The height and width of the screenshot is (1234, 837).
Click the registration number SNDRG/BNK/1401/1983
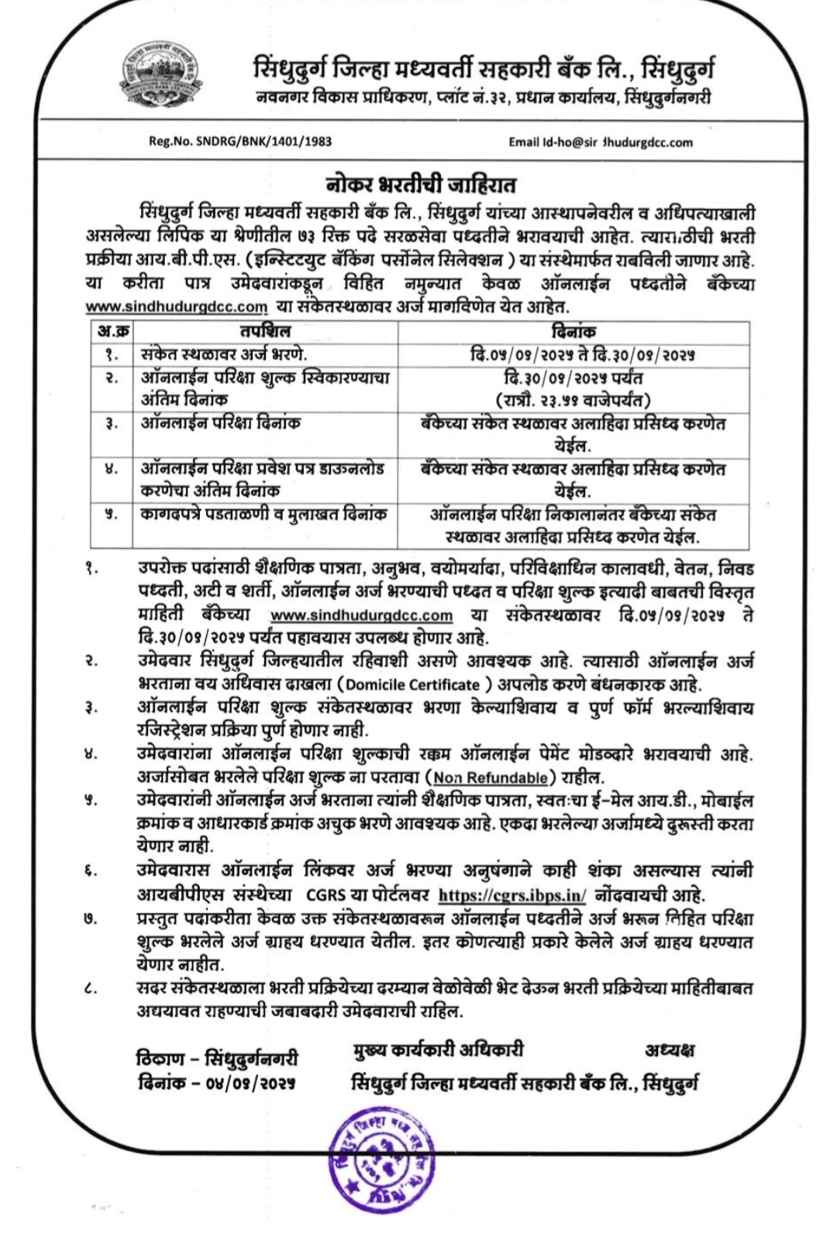pyautogui.click(x=240, y=142)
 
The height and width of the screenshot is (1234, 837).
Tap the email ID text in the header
pyautogui.click(x=601, y=142)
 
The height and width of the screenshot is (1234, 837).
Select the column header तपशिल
pyautogui.click(x=264, y=332)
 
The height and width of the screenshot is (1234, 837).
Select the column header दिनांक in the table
pyautogui.click(x=573, y=332)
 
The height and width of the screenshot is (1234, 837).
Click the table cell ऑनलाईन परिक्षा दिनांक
pyautogui.click(x=221, y=423)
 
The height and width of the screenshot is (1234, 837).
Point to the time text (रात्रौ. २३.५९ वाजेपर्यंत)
pyautogui.click(x=573, y=400)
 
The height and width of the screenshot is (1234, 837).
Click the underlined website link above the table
pyautogui.click(x=176, y=307)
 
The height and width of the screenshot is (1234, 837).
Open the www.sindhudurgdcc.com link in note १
pyautogui.click(x=361, y=615)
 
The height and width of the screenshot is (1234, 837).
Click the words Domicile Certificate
pyautogui.click(x=412, y=685)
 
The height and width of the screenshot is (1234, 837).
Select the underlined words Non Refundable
pyautogui.click(x=491, y=777)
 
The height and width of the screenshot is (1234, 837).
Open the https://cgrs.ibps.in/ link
pyautogui.click(x=512, y=894)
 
